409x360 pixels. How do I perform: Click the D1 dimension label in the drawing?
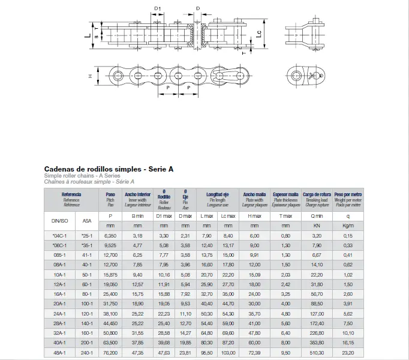[158, 8]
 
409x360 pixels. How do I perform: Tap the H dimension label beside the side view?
[89, 76]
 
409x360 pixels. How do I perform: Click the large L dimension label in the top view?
[88, 35]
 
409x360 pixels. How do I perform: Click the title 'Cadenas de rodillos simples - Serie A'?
[109, 169]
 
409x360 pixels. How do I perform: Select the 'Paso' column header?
[110, 194]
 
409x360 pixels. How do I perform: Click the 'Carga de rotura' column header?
[317, 194]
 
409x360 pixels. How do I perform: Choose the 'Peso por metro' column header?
[348, 194]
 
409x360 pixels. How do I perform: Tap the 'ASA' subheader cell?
[88, 221]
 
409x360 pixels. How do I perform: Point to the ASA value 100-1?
[88, 304]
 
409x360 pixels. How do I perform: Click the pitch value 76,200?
[110, 353]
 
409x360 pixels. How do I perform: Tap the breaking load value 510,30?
[317, 353]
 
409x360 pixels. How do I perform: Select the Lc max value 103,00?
[227, 353]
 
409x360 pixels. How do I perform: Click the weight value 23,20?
[348, 353]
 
